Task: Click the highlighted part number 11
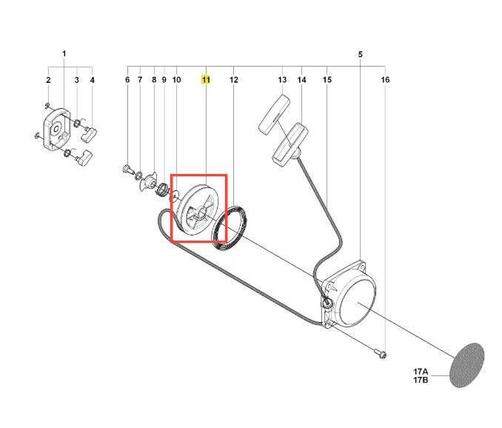click(x=206, y=80)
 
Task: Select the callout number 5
click(x=360, y=54)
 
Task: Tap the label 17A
click(x=421, y=372)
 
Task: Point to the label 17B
click(x=421, y=380)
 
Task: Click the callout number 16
click(x=385, y=80)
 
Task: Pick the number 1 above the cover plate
click(x=64, y=53)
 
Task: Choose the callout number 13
click(x=282, y=80)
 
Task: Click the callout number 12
click(x=234, y=80)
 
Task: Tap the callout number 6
click(x=127, y=80)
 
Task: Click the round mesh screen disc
click(x=466, y=365)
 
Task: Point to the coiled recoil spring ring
click(x=230, y=228)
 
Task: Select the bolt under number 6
click(x=128, y=169)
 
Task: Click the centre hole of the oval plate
click(x=57, y=129)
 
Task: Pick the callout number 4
click(x=93, y=80)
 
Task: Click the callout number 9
click(x=164, y=80)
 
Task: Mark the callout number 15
click(x=327, y=80)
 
